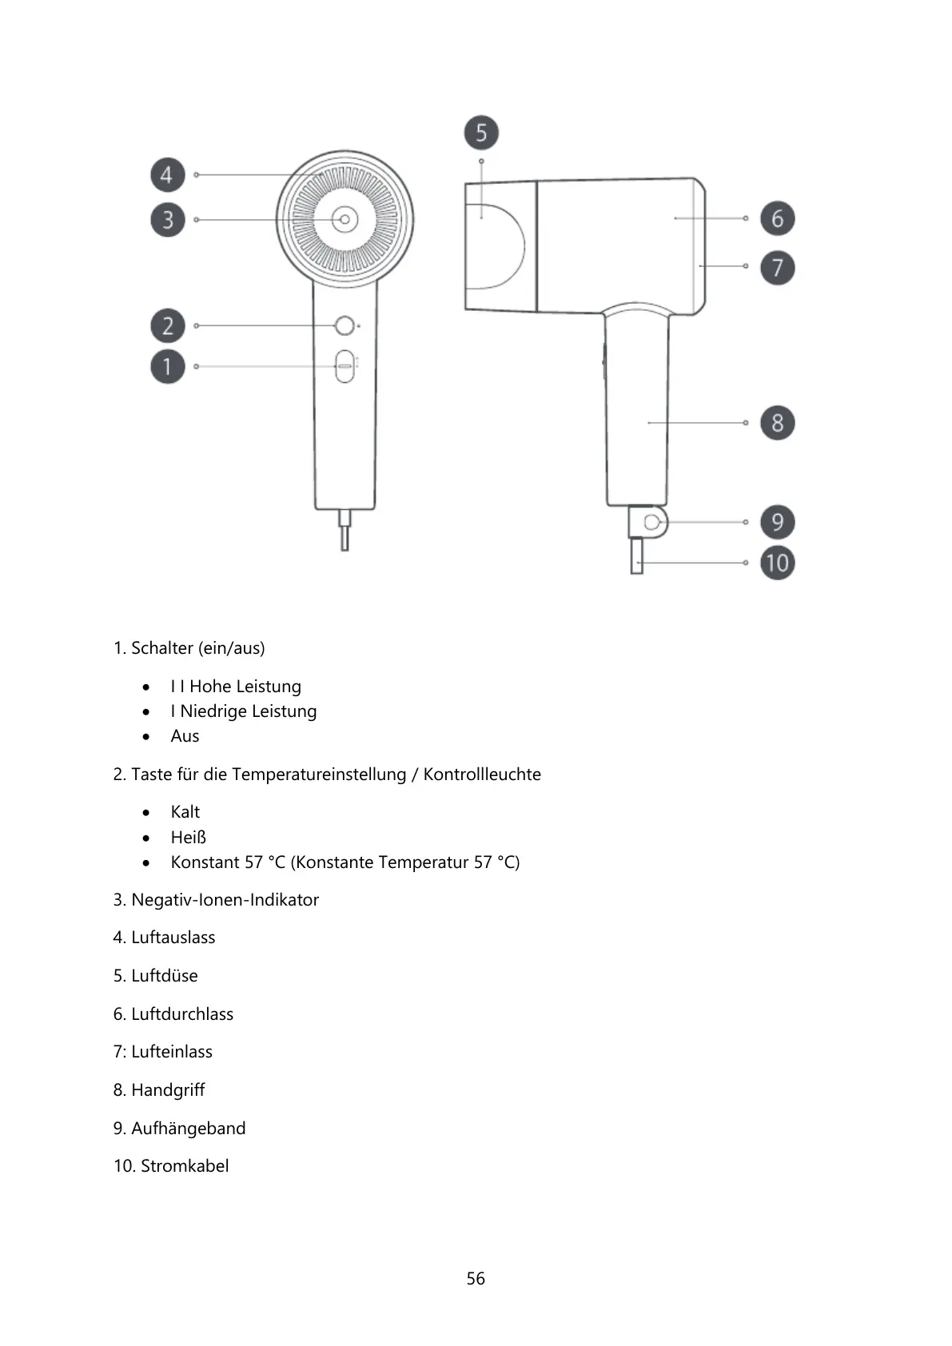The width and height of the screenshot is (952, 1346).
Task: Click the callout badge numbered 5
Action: click(x=481, y=133)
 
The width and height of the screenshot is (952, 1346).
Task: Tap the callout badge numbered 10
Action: click(x=777, y=563)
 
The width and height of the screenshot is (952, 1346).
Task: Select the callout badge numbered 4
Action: click(x=167, y=175)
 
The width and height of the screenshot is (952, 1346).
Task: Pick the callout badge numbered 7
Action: click(x=777, y=267)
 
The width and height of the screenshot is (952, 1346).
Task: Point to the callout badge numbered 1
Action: click(x=167, y=367)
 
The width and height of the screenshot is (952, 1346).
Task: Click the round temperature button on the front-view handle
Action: click(x=345, y=326)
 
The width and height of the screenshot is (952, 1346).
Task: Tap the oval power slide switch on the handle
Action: click(x=345, y=366)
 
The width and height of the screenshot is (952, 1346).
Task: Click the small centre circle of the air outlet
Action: click(x=345, y=219)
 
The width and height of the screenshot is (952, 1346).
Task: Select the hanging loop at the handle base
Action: click(x=653, y=522)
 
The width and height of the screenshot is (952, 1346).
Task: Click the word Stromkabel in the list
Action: click(x=185, y=1166)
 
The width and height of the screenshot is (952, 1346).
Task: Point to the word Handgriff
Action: click(x=168, y=1090)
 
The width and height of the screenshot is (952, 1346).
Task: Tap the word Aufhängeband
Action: click(x=189, y=1129)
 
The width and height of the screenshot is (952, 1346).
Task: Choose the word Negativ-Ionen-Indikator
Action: click(x=225, y=900)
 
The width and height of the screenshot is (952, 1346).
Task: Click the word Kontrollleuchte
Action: click(x=482, y=775)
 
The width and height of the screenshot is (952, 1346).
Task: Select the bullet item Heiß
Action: click(x=189, y=838)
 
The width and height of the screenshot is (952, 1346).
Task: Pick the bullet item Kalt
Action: click(x=185, y=812)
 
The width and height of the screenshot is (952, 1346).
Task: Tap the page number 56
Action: click(x=476, y=1279)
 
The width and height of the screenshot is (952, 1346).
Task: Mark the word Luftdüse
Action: click(x=165, y=976)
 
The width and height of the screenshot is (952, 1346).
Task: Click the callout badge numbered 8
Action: click(x=777, y=423)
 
